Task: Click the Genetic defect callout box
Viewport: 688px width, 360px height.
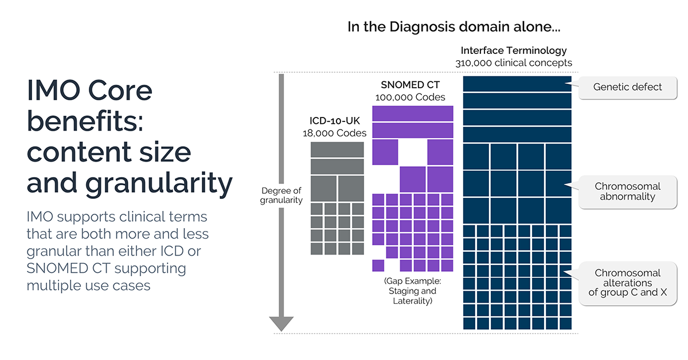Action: click(627, 87)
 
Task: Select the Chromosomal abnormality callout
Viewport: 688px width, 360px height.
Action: click(627, 191)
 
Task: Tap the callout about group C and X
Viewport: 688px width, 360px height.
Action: click(627, 283)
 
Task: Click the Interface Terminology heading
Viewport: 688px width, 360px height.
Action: click(513, 50)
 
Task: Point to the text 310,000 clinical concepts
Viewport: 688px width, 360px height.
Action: click(513, 62)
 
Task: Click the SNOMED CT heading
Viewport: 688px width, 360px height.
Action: click(410, 85)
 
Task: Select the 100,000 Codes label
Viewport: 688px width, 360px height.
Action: click(410, 97)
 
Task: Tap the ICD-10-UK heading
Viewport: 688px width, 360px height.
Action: click(334, 122)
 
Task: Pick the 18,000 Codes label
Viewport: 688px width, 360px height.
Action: click(334, 133)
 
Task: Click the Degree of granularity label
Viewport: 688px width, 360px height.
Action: click(281, 195)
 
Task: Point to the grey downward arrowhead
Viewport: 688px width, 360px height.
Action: click(281, 324)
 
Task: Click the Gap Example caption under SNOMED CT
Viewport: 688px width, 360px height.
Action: click(410, 291)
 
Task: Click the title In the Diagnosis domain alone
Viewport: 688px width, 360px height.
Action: click(454, 26)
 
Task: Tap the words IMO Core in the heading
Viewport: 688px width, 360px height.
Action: click(89, 91)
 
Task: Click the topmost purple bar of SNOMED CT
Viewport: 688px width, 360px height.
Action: click(413, 114)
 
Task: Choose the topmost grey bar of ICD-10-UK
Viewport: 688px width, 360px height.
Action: click(337, 149)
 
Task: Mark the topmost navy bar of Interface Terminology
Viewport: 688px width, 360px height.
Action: click(517, 83)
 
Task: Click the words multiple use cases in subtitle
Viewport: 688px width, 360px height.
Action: click(88, 284)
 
